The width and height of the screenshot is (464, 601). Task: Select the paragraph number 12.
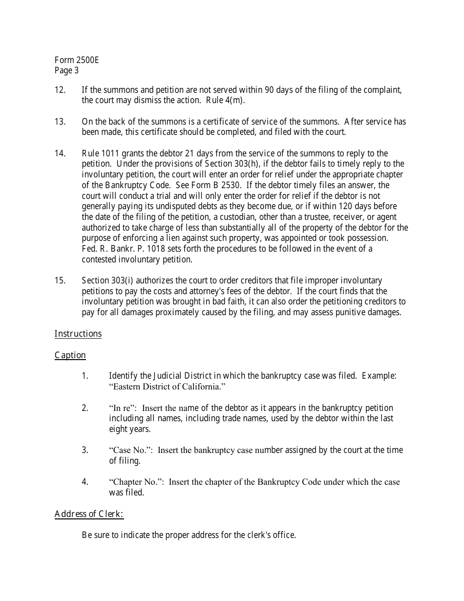[60, 90]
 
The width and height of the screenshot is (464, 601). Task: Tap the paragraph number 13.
[60, 122]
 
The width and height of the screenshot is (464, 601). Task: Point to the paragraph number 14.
[60, 153]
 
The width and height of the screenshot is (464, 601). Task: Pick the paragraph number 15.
[60, 280]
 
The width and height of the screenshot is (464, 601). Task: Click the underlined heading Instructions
[78, 334]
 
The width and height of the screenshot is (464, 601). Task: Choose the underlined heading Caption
[70, 355]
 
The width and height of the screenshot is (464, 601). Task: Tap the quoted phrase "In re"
[122, 408]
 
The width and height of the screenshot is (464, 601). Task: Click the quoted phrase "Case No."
[130, 450]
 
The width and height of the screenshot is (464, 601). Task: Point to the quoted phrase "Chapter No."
[136, 482]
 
